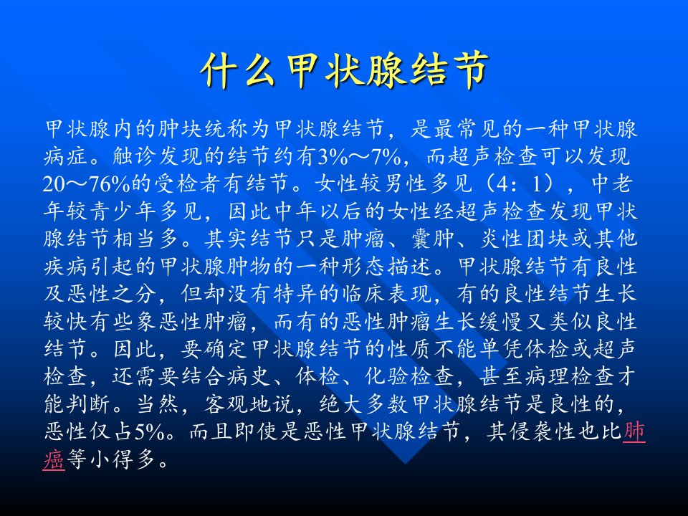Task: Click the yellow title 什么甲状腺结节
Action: [x=344, y=70]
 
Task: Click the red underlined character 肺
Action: [x=634, y=431]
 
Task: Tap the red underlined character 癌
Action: [x=54, y=459]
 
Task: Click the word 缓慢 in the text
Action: [x=501, y=322]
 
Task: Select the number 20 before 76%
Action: [x=53, y=184]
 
